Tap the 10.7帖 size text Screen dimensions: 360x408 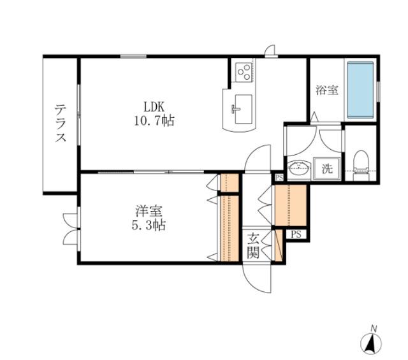154,120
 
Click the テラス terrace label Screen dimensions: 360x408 60,125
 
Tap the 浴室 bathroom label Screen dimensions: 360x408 326,91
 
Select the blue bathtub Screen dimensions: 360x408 361,89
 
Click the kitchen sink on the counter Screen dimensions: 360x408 240,108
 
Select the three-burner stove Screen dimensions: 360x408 243,73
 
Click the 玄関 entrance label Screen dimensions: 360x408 252,246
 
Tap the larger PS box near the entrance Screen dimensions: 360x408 295,234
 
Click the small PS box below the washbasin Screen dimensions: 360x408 279,178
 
